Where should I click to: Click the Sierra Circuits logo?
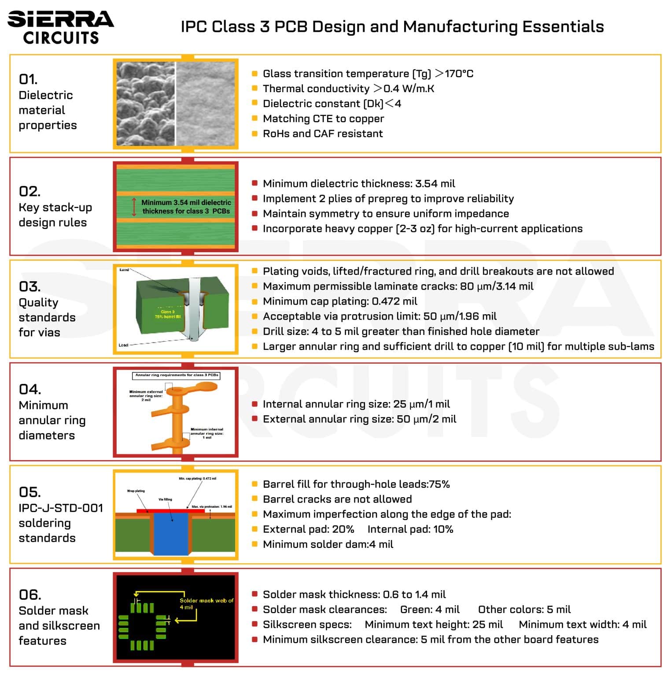pyautogui.click(x=60, y=27)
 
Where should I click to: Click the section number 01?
pyautogui.click(x=28, y=79)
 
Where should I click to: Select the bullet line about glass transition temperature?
pyautogui.click(x=368, y=74)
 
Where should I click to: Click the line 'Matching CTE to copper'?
pyautogui.click(x=323, y=119)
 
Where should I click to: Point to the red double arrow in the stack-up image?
pyautogui.click(x=134, y=207)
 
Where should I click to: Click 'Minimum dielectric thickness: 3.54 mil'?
pyautogui.click(x=358, y=184)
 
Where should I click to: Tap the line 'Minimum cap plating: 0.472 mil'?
pyautogui.click(x=339, y=301)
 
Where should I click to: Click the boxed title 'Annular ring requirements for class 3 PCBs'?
pyautogui.click(x=176, y=376)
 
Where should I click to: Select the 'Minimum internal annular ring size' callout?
pyautogui.click(x=206, y=433)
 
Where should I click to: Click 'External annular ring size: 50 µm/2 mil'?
pyautogui.click(x=359, y=419)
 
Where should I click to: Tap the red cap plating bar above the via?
pyautogui.click(x=170, y=511)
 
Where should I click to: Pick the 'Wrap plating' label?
pyautogui.click(x=136, y=491)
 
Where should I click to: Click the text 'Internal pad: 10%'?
pyautogui.click(x=410, y=529)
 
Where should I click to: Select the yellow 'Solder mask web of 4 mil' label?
pyautogui.click(x=206, y=603)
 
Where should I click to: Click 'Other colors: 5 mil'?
pyautogui.click(x=524, y=610)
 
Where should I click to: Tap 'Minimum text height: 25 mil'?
pyautogui.click(x=433, y=625)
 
